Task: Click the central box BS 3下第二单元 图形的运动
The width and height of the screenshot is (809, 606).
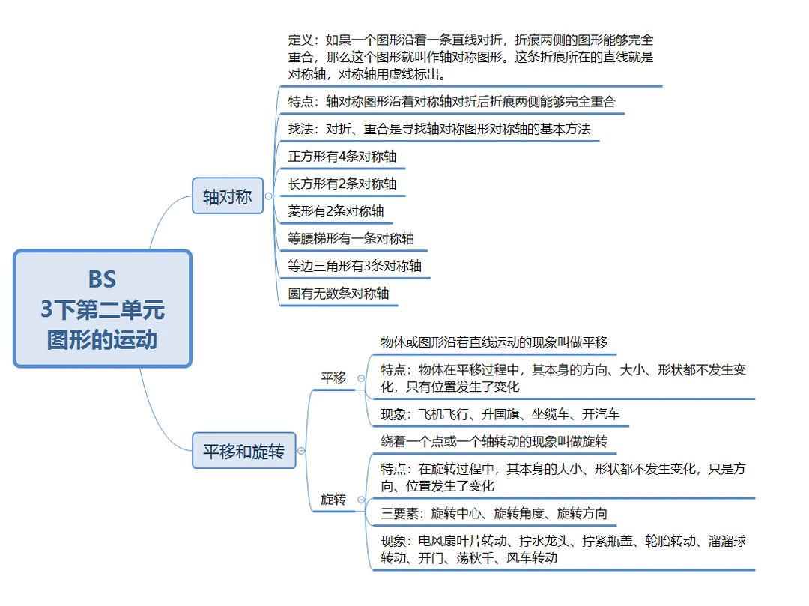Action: click(x=103, y=309)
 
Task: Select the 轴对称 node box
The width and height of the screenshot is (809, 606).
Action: click(x=228, y=196)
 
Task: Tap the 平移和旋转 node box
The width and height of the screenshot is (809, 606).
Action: click(x=244, y=452)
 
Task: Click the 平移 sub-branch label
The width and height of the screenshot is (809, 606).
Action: click(x=333, y=378)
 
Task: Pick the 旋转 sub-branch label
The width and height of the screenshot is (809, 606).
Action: click(x=333, y=499)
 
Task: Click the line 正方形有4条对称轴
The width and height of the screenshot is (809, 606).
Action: click(x=342, y=157)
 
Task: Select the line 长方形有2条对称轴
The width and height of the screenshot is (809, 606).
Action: click(x=342, y=184)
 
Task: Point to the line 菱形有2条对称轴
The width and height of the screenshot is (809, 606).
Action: click(x=336, y=211)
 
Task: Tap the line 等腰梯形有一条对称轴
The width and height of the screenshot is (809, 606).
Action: click(x=351, y=239)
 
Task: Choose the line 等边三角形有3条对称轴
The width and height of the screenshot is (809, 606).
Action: click(x=355, y=266)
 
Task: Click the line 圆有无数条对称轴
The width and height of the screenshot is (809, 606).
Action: click(x=339, y=294)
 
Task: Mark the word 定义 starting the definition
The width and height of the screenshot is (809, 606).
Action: click(x=301, y=40)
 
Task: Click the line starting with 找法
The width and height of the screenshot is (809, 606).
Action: click(x=439, y=129)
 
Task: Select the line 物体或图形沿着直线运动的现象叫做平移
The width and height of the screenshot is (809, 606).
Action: click(x=494, y=342)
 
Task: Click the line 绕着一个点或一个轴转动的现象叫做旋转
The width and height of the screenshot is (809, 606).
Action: click(x=494, y=441)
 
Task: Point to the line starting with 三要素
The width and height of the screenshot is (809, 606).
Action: click(x=494, y=513)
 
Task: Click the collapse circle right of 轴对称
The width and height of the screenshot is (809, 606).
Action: click(x=269, y=196)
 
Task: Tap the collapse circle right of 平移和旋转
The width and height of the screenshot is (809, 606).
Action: click(x=301, y=451)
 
